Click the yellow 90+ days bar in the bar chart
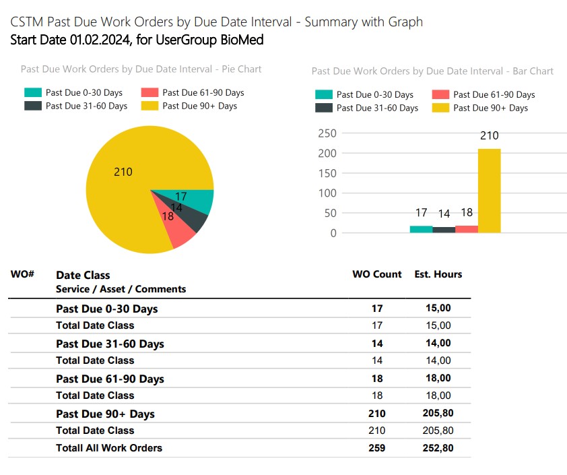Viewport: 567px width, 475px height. (x=490, y=191)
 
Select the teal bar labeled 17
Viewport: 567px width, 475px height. (x=422, y=229)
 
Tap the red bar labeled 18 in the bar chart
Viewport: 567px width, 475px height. (x=467, y=229)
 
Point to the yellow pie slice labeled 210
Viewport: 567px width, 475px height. (x=128, y=189)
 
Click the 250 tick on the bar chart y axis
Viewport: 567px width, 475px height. (x=327, y=133)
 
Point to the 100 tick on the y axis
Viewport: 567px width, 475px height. (x=327, y=193)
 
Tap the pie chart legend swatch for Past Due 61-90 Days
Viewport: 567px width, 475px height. (x=149, y=93)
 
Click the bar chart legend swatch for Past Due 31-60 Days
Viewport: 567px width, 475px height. (x=324, y=108)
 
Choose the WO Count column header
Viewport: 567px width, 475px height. (x=376, y=274)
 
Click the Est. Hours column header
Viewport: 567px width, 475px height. (x=438, y=274)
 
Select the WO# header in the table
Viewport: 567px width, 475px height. (x=22, y=274)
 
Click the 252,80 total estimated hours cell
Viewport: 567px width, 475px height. (x=438, y=447)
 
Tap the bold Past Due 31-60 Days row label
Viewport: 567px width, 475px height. (x=110, y=344)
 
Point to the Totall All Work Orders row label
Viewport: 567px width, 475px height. (x=109, y=447)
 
